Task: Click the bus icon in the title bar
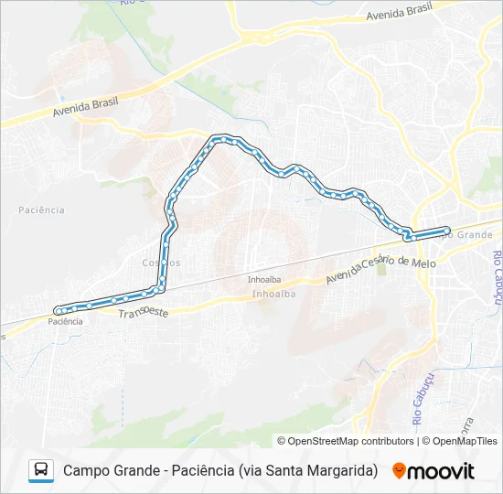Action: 41,470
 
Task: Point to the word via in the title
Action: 251,471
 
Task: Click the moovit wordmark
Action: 442,471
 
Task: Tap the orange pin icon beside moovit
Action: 399,471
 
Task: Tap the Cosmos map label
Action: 161,263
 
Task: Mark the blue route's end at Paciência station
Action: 59,310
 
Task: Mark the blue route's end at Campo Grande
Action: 447,230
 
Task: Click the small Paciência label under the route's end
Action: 66,321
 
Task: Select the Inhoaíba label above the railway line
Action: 263,279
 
